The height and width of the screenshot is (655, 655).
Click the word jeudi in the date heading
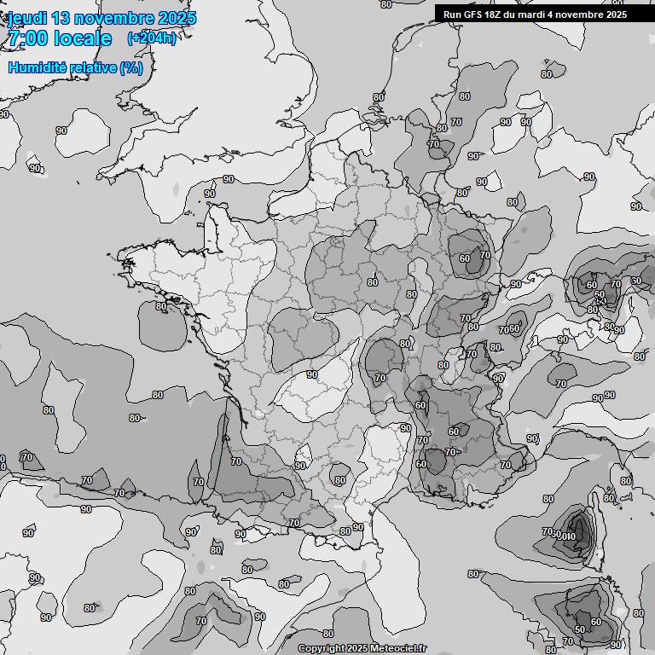(x=31, y=18)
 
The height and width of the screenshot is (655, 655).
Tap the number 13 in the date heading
(x=71, y=18)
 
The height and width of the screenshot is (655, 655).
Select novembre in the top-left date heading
(x=124, y=18)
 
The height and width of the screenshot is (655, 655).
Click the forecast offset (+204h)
(x=151, y=38)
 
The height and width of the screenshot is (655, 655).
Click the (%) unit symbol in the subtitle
(x=130, y=67)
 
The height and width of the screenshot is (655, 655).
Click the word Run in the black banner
(x=452, y=14)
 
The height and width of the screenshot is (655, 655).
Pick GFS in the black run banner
(x=474, y=14)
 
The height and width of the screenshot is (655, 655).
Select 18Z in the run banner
(x=498, y=14)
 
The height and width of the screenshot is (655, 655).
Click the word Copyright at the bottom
(x=322, y=648)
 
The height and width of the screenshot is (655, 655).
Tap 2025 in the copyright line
(x=356, y=648)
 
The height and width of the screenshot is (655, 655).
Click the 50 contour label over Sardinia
(x=579, y=629)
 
